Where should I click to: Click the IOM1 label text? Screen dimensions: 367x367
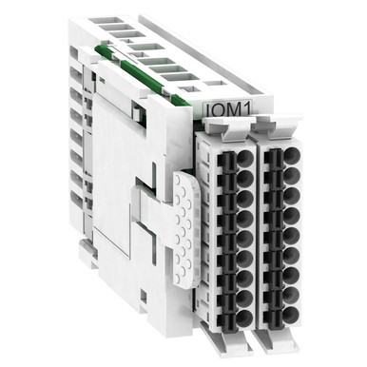pos(228,109)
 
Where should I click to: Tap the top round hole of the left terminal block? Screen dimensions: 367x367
pos(245,158)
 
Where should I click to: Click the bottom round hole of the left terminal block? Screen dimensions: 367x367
pos(245,318)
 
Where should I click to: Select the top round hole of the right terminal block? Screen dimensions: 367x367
pos(292,155)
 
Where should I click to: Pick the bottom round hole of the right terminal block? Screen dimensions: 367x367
pos(291,314)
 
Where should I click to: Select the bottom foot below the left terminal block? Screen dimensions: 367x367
pos(227,343)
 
